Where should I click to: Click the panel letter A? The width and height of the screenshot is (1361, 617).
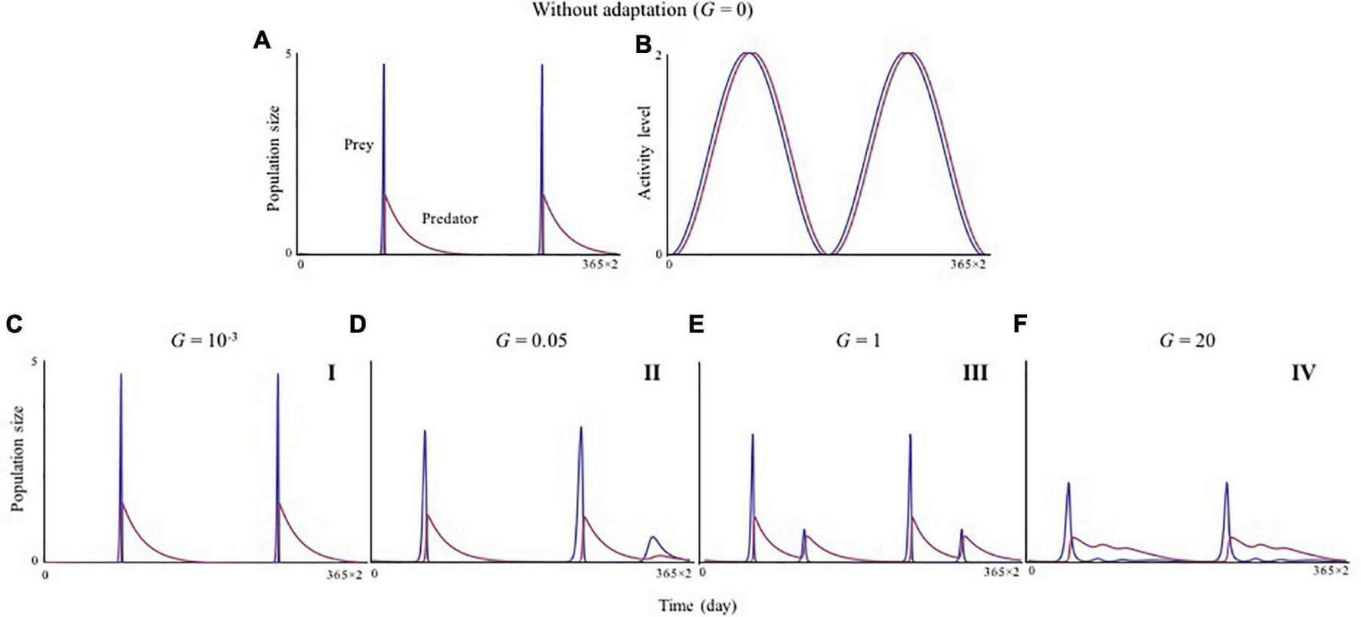coord(262,41)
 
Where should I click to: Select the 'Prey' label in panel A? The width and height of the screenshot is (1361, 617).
coord(358,144)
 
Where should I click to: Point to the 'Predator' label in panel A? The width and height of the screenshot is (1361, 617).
coord(449,219)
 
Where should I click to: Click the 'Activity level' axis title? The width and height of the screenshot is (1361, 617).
coord(645,153)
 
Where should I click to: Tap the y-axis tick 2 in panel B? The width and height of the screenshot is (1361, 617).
coord(658,54)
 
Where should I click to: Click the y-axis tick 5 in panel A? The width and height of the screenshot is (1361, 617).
coord(287,54)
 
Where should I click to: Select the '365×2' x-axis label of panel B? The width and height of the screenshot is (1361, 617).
coord(966,265)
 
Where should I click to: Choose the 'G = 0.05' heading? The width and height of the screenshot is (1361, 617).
coord(531,340)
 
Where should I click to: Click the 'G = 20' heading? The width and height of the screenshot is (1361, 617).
coord(1187,340)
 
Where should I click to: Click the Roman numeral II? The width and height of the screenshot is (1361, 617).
coord(651,374)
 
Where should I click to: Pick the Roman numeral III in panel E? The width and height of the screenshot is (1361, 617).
coord(975,374)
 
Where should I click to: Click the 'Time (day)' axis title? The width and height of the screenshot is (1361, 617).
coord(697,605)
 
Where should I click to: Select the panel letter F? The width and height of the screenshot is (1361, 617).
coord(1020,324)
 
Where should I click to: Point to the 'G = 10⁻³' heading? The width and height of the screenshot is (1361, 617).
coord(204,340)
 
